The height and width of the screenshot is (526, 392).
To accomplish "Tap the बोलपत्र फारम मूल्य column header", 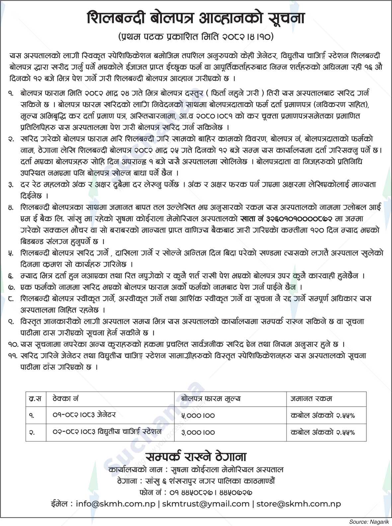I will (x=211, y=398).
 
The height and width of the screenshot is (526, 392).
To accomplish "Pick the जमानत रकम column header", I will (x=311, y=398).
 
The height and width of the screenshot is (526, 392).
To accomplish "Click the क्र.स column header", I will (x=35, y=398).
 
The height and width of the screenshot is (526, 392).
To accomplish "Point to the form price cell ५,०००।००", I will (x=198, y=415).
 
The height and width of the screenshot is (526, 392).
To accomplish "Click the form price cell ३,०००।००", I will (x=198, y=432).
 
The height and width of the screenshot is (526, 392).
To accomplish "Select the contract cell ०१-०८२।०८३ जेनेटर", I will (x=84, y=414).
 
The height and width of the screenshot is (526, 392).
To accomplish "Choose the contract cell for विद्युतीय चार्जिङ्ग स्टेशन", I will (x=107, y=431).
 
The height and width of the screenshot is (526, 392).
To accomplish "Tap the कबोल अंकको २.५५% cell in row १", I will (x=323, y=415).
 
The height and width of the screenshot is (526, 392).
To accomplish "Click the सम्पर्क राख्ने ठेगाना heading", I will (x=196, y=457).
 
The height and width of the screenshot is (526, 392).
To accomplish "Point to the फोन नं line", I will (x=196, y=492).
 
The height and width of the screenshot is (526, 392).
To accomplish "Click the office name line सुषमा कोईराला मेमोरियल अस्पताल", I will (x=196, y=470).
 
